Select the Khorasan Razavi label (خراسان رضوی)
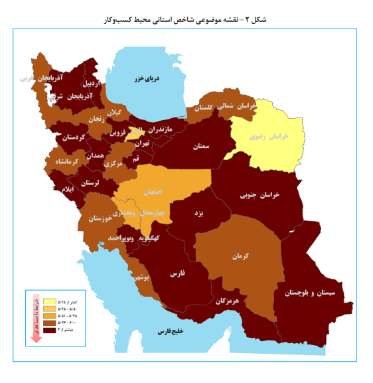coord(269,135)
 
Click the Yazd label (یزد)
coord(197,214)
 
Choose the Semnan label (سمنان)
coord(206,147)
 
